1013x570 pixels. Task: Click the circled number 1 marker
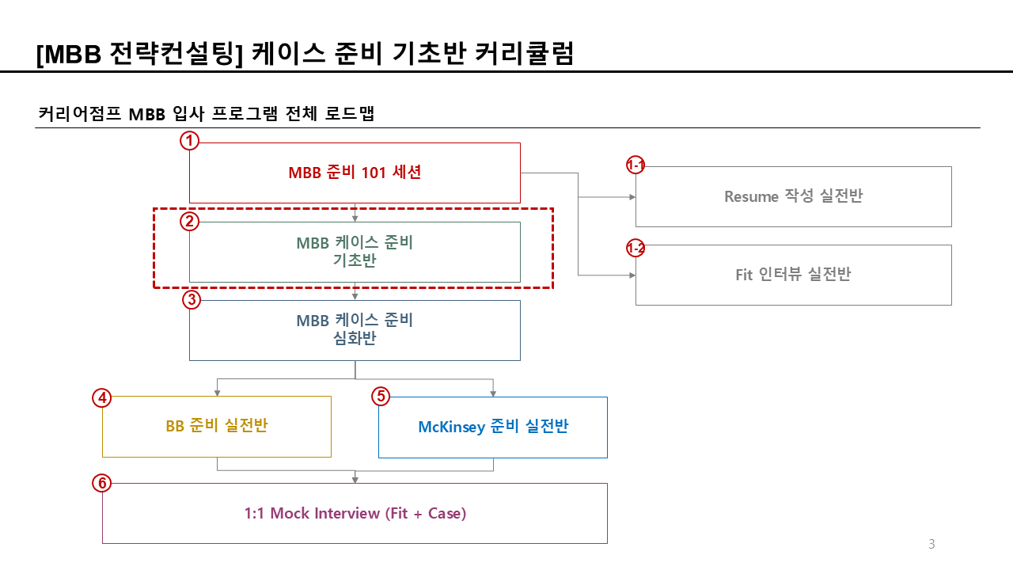(189, 142)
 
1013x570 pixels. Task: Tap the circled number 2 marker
(189, 221)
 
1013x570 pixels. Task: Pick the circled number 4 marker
(101, 397)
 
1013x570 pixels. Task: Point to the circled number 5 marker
(381, 397)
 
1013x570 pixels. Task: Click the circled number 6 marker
(101, 482)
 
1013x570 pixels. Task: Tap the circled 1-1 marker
(635, 165)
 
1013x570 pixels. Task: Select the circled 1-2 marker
(635, 249)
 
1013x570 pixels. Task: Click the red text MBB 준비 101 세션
(355, 173)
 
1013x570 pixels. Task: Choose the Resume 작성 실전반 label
(793, 196)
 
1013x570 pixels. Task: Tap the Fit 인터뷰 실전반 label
(793, 275)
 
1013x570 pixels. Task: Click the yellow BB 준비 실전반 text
(216, 426)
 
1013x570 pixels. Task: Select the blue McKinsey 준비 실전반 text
(492, 427)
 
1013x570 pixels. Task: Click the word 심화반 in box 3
(355, 339)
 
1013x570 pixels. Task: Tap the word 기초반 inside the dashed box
(355, 260)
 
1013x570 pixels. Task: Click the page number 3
(931, 544)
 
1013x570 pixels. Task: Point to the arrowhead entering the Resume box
(632, 196)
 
